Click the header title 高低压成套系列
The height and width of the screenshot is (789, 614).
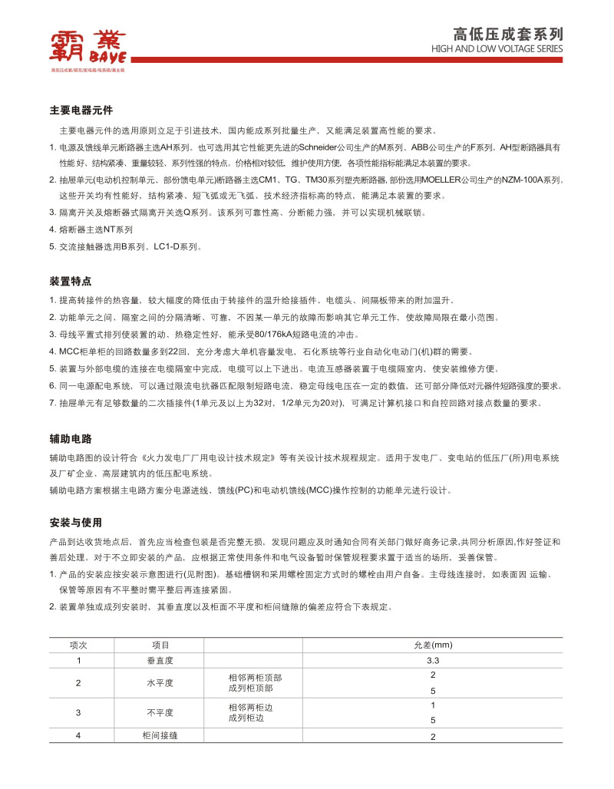tap(508, 34)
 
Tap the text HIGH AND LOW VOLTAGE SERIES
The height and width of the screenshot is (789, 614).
tap(497, 49)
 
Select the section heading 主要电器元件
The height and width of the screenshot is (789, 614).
tap(81, 111)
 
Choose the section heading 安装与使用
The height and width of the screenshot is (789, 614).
tap(76, 523)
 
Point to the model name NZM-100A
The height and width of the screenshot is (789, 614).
tap(520, 179)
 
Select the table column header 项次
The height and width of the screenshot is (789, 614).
tap(78, 645)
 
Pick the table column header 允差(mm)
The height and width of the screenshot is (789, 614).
tap(433, 645)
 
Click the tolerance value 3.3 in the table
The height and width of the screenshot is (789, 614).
tap(433, 660)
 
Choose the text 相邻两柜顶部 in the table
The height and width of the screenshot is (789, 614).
tap(255, 678)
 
